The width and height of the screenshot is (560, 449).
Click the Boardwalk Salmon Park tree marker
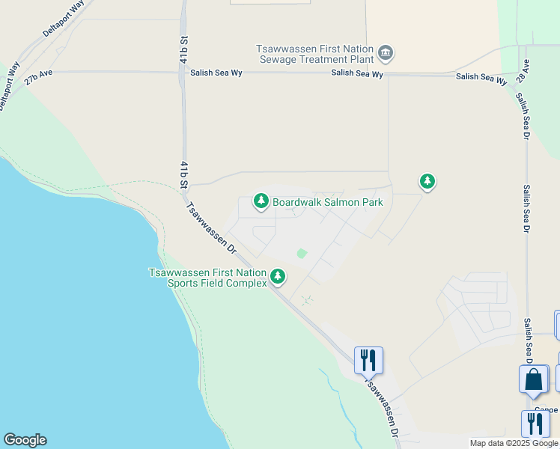click(261, 200)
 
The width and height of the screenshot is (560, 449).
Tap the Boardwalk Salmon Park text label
click(328, 202)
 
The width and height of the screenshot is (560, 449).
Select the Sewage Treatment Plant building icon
click(386, 52)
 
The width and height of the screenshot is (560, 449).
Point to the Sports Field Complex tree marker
click(278, 276)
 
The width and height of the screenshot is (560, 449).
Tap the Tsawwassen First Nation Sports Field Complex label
click(207, 278)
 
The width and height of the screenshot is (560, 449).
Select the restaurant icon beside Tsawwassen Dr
click(368, 360)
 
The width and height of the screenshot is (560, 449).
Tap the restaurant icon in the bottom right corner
click(535, 424)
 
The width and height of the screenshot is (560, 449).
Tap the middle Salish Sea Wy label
click(358, 74)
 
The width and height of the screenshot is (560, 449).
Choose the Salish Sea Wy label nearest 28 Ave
click(481, 77)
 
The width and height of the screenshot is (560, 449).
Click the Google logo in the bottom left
click(25, 440)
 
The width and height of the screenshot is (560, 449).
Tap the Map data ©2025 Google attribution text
click(514, 443)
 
